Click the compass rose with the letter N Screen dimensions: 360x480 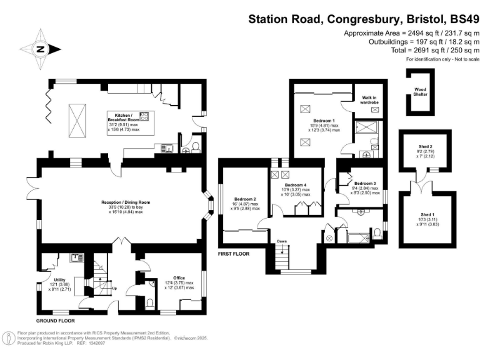point(40,48)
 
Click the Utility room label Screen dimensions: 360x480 point(60,281)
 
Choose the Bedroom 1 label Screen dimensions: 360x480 point(324,120)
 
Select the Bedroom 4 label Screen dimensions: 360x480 point(296,186)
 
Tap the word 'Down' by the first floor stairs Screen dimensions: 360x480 point(282,241)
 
